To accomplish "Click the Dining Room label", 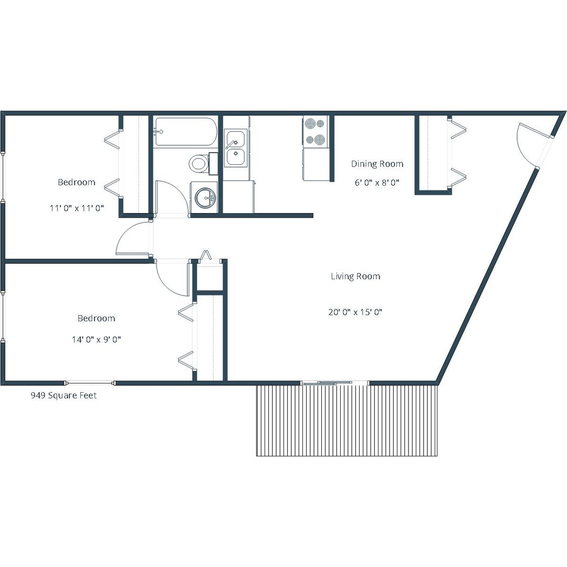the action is (377, 164).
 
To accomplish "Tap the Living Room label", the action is (355, 276).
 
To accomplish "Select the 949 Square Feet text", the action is (64, 395).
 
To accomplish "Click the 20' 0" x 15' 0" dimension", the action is (355, 312).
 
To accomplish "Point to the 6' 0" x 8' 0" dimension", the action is (377, 182).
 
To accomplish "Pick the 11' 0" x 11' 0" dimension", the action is (77, 208).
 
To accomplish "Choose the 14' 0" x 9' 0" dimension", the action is (97, 339).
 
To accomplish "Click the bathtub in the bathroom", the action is (185, 132).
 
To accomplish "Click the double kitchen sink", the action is (235, 148).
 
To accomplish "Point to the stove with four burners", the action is (316, 132).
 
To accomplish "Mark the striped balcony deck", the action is (347, 420).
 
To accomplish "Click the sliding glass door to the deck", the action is (335, 382).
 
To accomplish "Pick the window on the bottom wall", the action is (90, 383).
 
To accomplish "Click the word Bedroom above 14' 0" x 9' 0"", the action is (97, 318).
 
